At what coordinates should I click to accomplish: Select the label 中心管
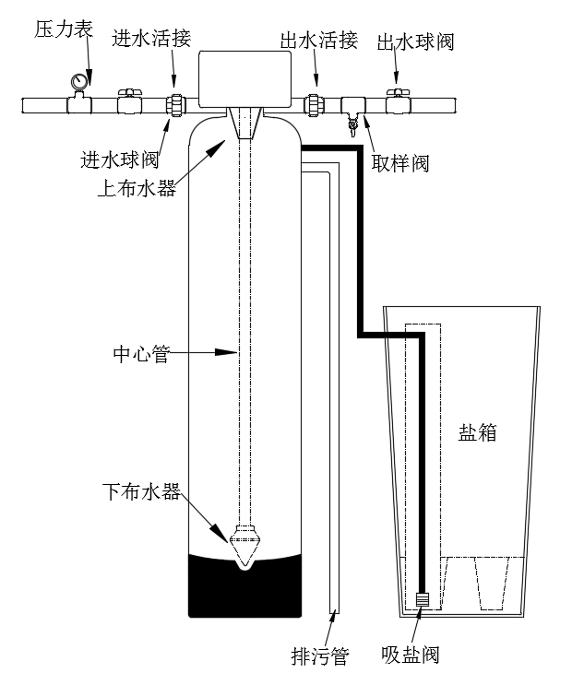(x=140, y=352)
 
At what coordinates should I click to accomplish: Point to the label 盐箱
(x=477, y=432)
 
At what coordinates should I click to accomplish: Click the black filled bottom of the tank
(x=244, y=586)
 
